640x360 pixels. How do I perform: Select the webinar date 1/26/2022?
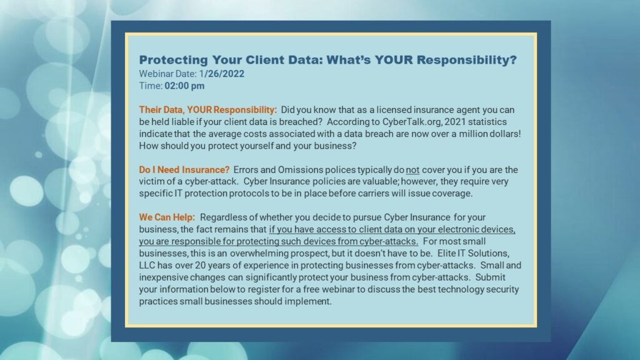222,74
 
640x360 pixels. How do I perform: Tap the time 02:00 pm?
184,86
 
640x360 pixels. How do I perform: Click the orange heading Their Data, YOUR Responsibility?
207,110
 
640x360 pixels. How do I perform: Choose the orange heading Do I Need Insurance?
184,170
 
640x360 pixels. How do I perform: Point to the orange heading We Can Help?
167,217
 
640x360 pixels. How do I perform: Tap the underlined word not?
412,170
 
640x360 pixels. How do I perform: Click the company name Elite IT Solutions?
473,254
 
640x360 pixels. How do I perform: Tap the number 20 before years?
200,265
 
